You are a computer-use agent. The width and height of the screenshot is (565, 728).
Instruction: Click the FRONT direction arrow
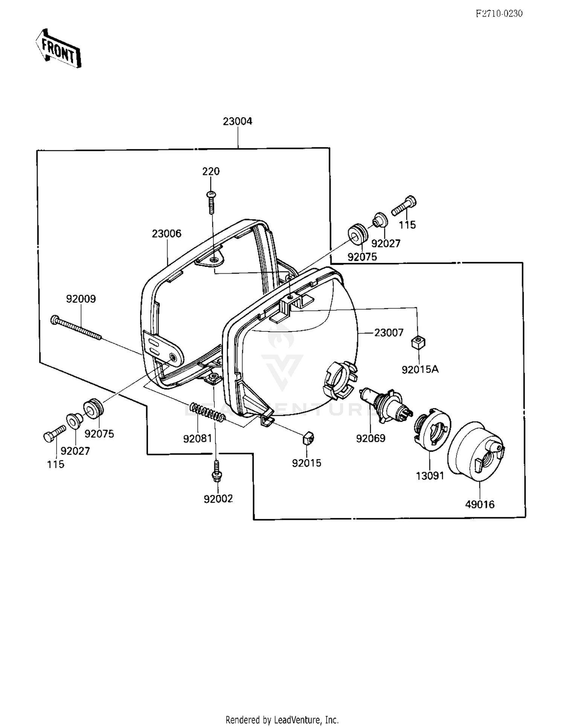pyautogui.click(x=58, y=48)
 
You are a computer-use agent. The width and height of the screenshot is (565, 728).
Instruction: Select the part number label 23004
pyautogui.click(x=237, y=121)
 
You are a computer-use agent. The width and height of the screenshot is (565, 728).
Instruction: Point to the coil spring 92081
pyautogui.click(x=208, y=412)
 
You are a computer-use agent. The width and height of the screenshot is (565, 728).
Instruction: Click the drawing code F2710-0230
pyautogui.click(x=499, y=14)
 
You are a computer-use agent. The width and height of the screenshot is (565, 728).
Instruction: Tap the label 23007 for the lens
pyautogui.click(x=389, y=333)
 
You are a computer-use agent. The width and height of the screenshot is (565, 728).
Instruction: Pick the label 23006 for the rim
pyautogui.click(x=166, y=234)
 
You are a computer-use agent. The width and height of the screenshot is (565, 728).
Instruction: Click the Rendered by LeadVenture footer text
pyautogui.click(x=282, y=719)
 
